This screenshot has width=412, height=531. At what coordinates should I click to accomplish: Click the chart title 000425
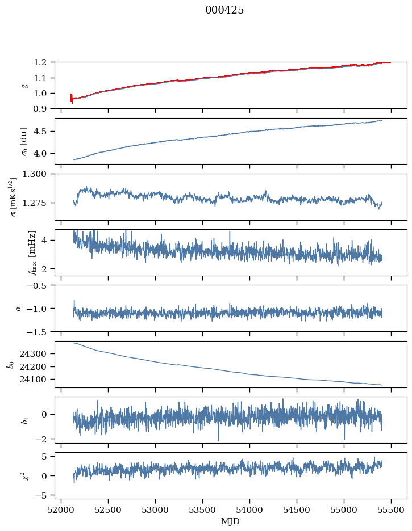tap(224, 10)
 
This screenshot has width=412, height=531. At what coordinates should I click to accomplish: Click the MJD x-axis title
tap(231, 521)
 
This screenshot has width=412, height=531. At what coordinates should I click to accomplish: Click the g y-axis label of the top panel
tap(24, 85)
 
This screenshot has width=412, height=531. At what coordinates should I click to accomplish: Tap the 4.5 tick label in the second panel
tap(44, 132)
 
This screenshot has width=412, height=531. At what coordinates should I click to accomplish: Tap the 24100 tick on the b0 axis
tap(39, 380)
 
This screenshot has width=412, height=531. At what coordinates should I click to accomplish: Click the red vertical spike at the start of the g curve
tap(72, 99)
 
